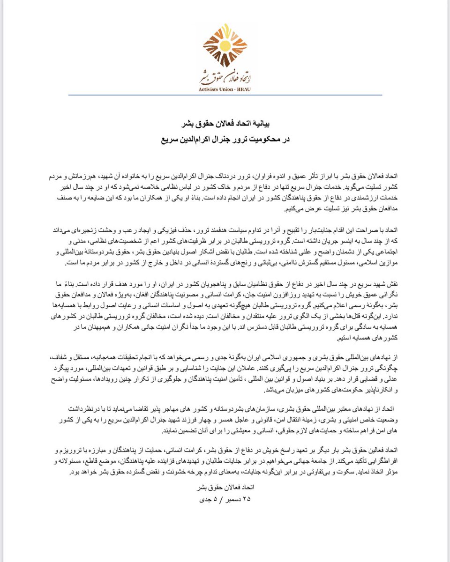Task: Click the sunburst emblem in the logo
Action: pyautogui.click(x=225, y=47)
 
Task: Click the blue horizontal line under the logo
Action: pyautogui.click(x=225, y=95)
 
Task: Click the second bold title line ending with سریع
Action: pyautogui.click(x=225, y=139)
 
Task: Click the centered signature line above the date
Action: pyautogui.click(x=225, y=488)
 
